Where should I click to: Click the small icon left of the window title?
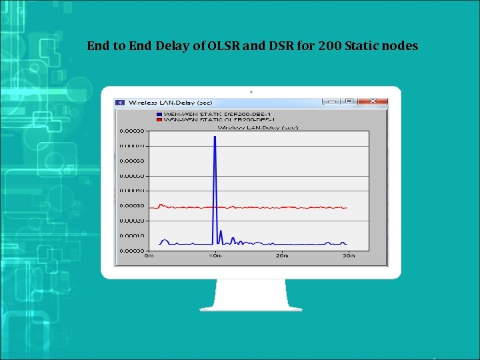[120, 102]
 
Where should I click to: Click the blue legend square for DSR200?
[159, 114]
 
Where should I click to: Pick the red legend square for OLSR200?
[159, 119]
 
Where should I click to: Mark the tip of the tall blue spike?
[215, 137]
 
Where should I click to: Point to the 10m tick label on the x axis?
[215, 255]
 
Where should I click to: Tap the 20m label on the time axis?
[282, 255]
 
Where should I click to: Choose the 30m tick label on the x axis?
[348, 255]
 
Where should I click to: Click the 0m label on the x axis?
[149, 255]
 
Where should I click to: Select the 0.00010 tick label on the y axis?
[132, 235]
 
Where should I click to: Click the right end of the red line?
[347, 207]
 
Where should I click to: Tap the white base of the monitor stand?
[251, 307]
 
